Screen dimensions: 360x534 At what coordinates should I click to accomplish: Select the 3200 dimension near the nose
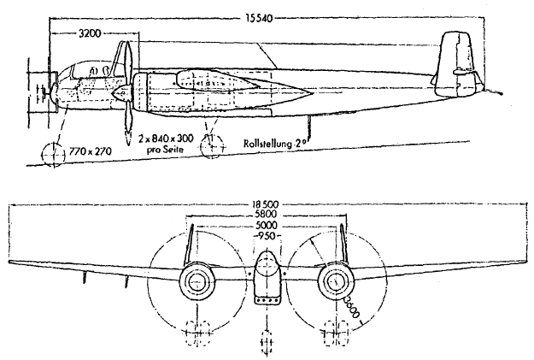(x=91, y=36)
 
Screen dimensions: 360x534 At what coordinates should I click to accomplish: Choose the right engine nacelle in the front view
(x=335, y=280)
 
